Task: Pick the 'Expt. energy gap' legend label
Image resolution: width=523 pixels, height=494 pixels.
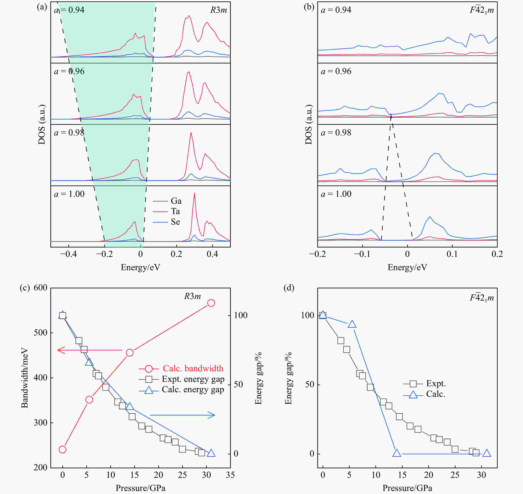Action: point(193,379)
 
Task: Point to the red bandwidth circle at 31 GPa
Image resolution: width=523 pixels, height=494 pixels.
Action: point(211,303)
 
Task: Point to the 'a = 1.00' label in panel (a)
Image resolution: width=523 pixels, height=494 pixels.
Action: point(69,194)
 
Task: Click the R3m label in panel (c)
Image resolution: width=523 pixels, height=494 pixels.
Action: point(192,296)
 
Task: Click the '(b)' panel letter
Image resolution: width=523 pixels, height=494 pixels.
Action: point(309,7)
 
